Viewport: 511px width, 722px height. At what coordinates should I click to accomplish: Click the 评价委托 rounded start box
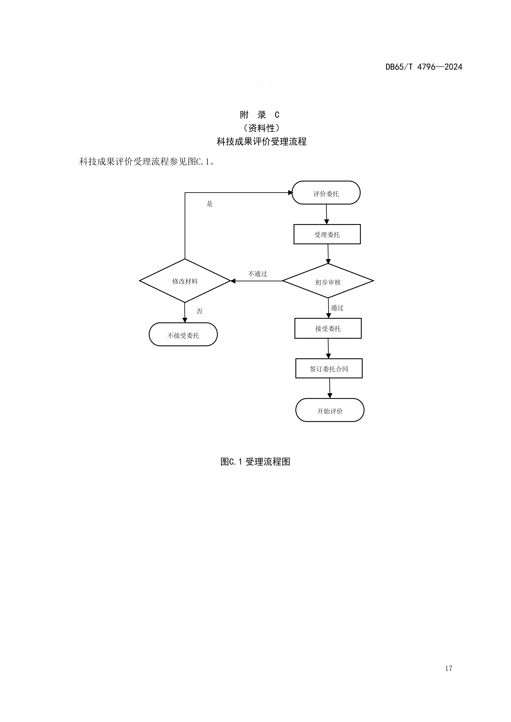[x=326, y=193]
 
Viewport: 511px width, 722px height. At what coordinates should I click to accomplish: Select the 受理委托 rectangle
[x=327, y=234]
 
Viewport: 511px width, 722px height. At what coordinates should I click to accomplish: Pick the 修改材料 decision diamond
[x=185, y=281]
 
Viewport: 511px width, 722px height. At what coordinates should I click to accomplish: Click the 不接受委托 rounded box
[x=183, y=335]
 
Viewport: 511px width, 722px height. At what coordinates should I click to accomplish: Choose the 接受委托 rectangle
[x=328, y=328]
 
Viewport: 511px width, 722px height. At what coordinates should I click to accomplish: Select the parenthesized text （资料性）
[x=262, y=128]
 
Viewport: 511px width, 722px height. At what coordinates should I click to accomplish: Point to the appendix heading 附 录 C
[x=259, y=115]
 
